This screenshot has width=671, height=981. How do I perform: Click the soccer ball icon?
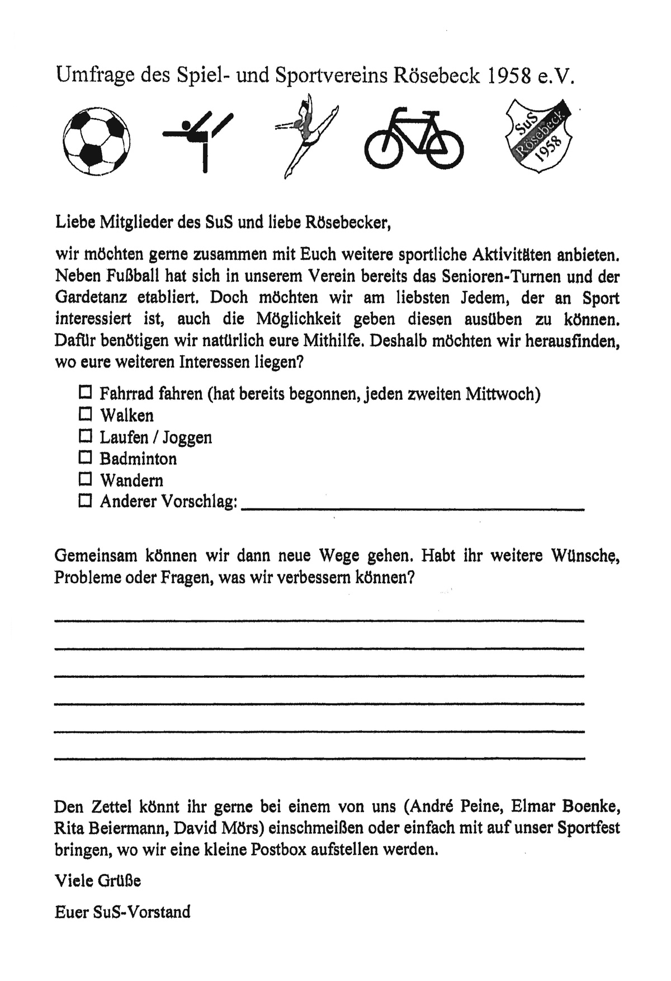click(96, 139)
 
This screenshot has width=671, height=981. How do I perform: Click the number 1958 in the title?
click(509, 75)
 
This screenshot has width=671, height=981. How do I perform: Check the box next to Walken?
click(85, 414)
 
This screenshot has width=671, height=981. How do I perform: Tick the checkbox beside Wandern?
click(85, 479)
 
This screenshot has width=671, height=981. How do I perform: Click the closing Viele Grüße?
click(97, 881)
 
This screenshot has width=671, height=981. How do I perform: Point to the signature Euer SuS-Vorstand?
click(122, 912)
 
